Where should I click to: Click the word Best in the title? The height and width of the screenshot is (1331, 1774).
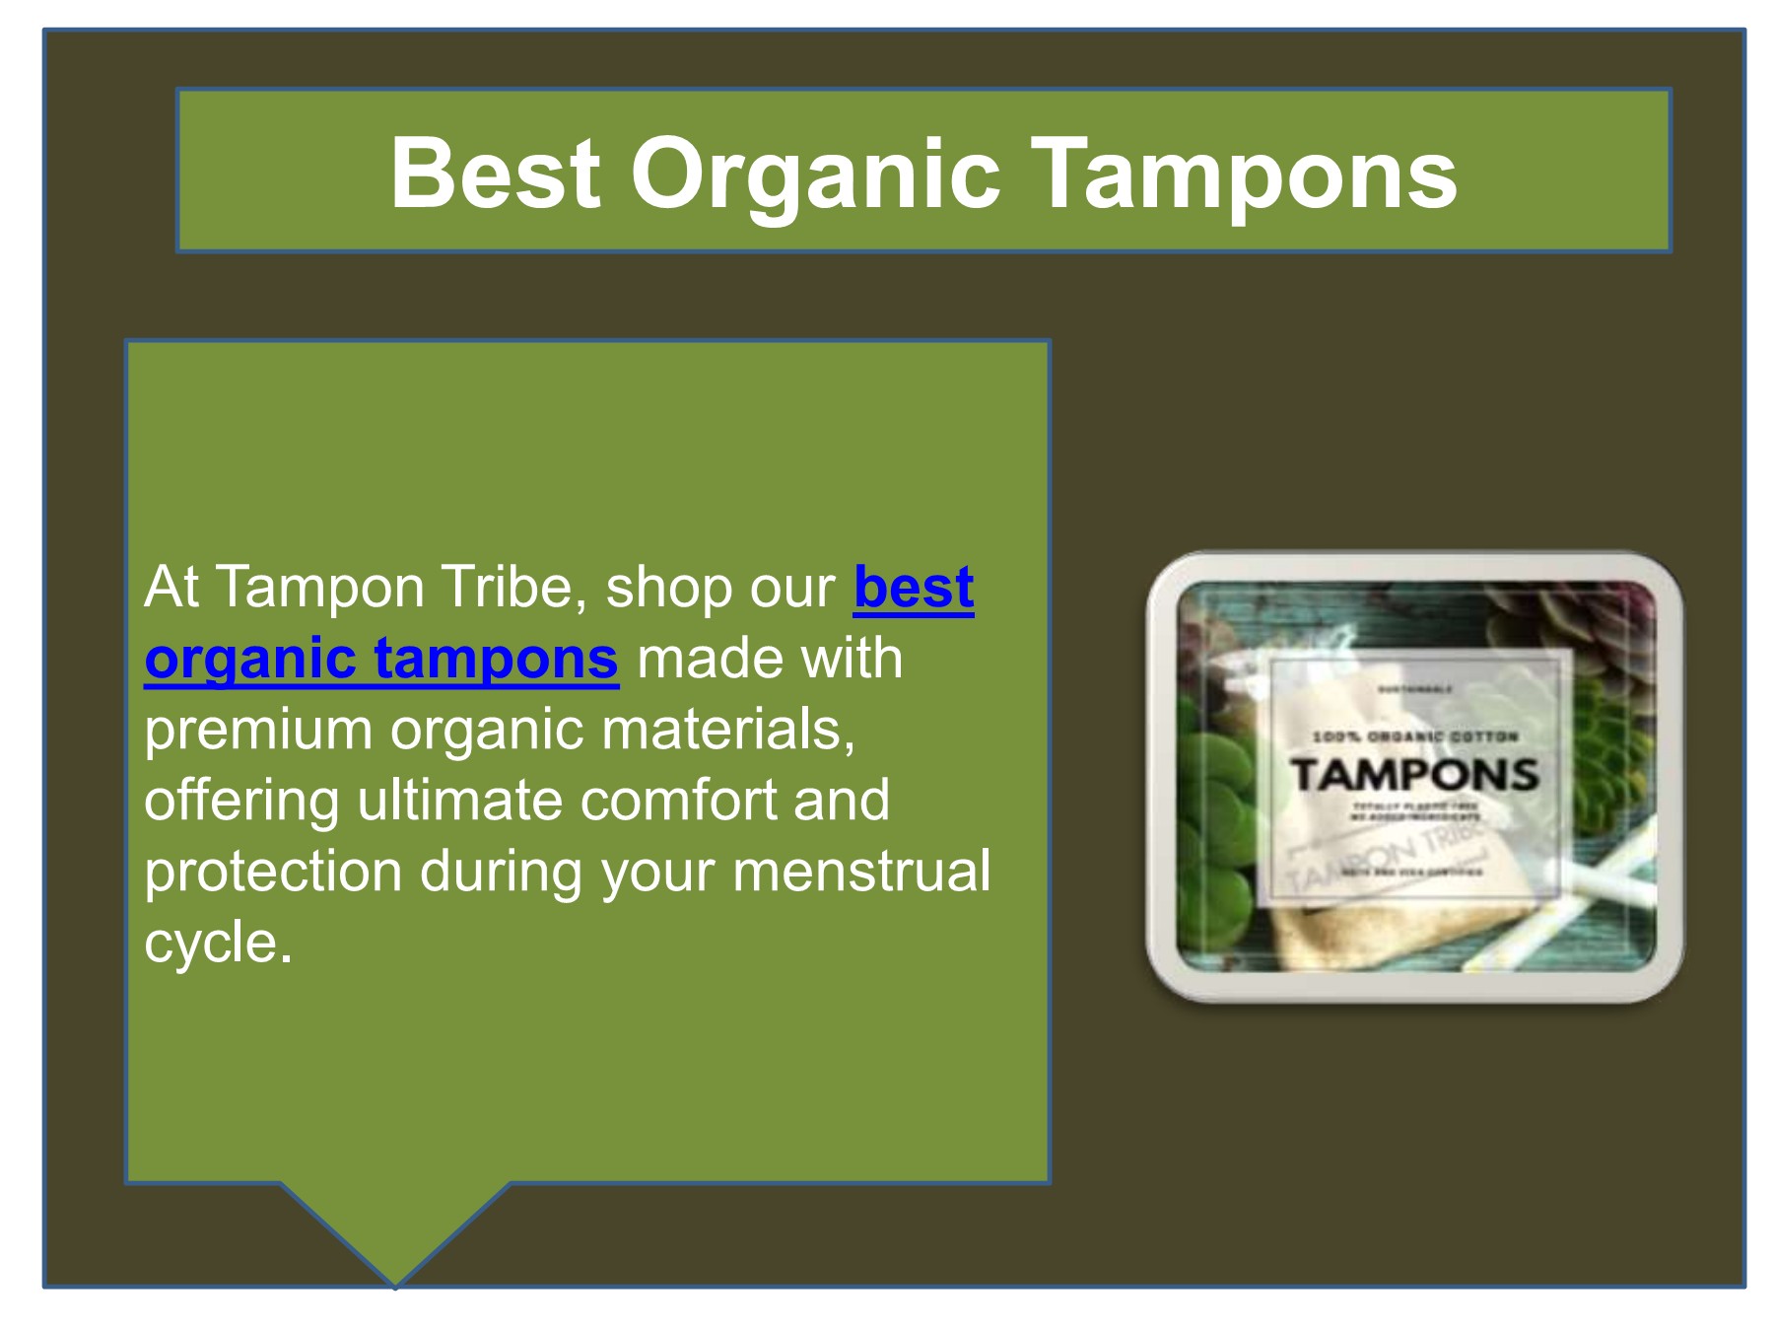(495, 174)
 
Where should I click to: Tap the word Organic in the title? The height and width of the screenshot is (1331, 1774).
(815, 174)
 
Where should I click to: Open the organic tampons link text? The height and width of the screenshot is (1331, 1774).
(381, 659)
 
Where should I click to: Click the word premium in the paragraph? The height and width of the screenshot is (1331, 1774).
(257, 730)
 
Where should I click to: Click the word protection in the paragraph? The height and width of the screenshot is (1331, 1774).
(273, 872)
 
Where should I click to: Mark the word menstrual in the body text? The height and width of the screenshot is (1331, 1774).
(861, 872)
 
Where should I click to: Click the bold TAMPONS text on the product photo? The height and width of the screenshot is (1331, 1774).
(1414, 775)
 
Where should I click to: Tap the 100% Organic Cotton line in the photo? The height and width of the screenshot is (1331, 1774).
(1414, 736)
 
